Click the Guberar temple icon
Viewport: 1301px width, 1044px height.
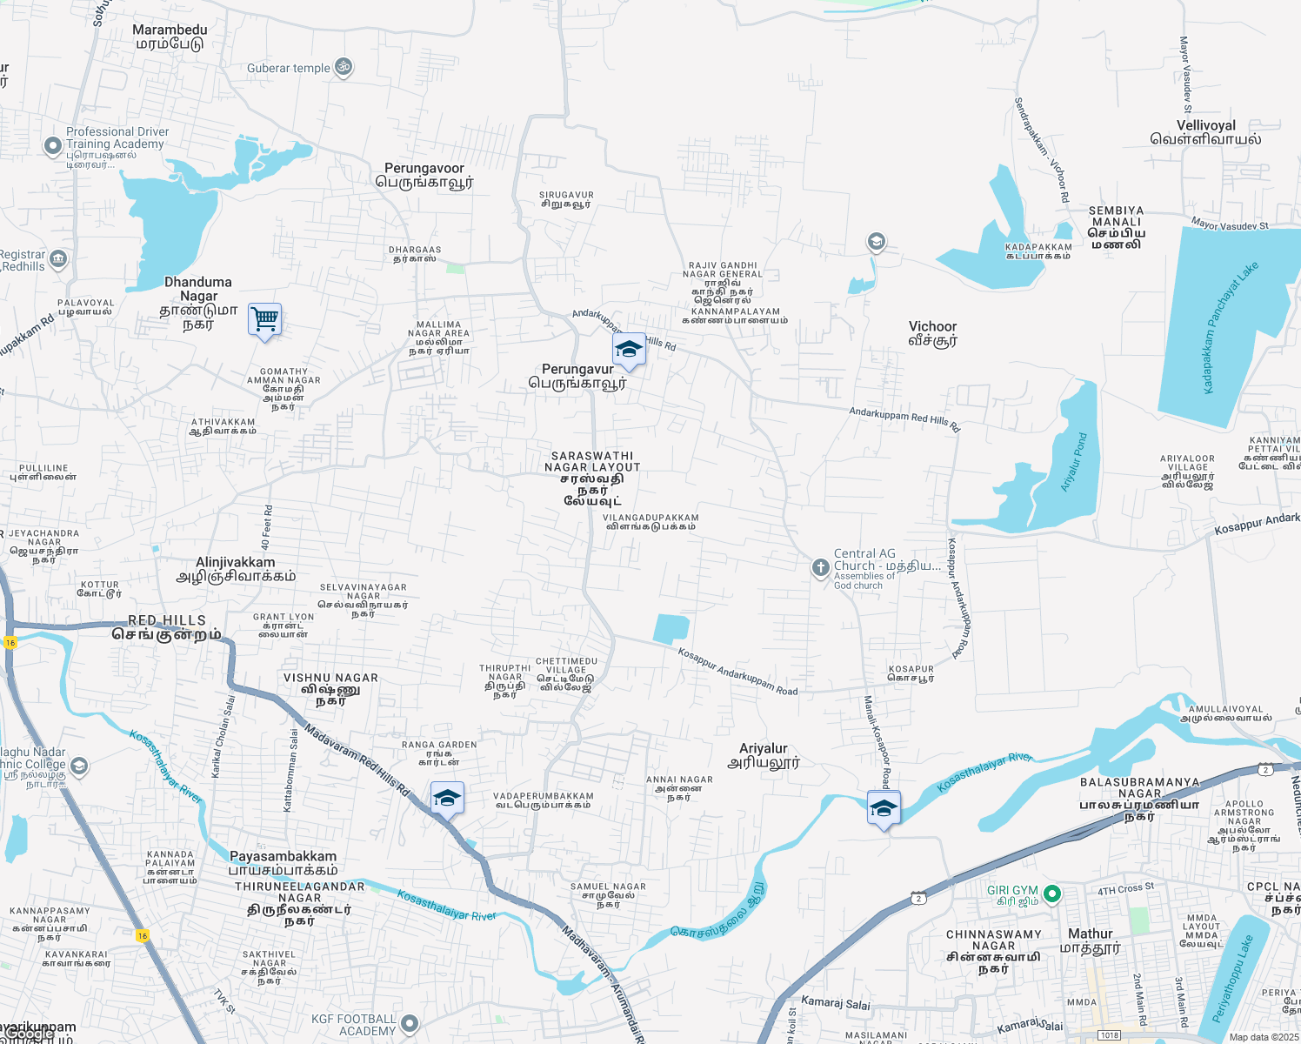coord(344,67)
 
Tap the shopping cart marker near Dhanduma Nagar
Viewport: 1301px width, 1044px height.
coord(264,320)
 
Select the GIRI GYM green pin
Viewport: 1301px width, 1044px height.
coord(1051,893)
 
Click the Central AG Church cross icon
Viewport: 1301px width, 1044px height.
coord(819,568)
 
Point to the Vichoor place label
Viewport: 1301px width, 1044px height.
coord(932,333)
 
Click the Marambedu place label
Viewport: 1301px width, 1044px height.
coord(170,37)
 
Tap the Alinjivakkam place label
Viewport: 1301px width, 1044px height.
coord(235,569)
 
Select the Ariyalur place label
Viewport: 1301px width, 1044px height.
coord(763,755)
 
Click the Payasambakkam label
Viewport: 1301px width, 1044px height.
coord(283,863)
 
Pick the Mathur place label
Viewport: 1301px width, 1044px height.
coord(1090,940)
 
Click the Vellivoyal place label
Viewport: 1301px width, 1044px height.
coord(1205,132)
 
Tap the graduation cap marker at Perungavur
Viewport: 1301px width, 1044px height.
coord(628,350)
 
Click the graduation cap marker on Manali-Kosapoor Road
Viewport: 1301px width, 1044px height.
coord(883,808)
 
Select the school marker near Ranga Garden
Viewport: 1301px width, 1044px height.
coord(446,799)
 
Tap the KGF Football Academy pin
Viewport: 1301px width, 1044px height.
coord(410,1023)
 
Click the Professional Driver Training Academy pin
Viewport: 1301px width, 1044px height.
coord(53,145)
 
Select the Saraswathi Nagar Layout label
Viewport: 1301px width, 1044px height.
coord(592,478)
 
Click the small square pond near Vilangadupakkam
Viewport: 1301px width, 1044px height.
coord(671,628)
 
